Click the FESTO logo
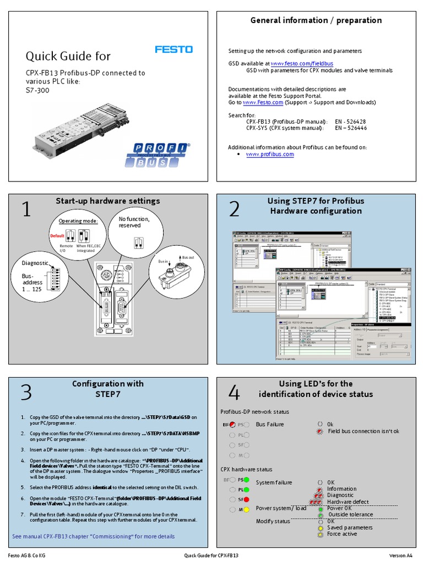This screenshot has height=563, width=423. click(173, 49)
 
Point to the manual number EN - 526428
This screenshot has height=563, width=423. click(351, 121)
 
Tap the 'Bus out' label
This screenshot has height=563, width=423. click(188, 257)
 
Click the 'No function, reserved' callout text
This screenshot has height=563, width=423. click(134, 222)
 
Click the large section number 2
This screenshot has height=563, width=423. click(235, 209)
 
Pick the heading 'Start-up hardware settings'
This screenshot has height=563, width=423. click(108, 201)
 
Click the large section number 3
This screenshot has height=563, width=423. click(26, 393)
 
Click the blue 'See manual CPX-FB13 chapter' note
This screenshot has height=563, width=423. click(94, 536)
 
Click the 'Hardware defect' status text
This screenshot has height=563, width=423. click(348, 502)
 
